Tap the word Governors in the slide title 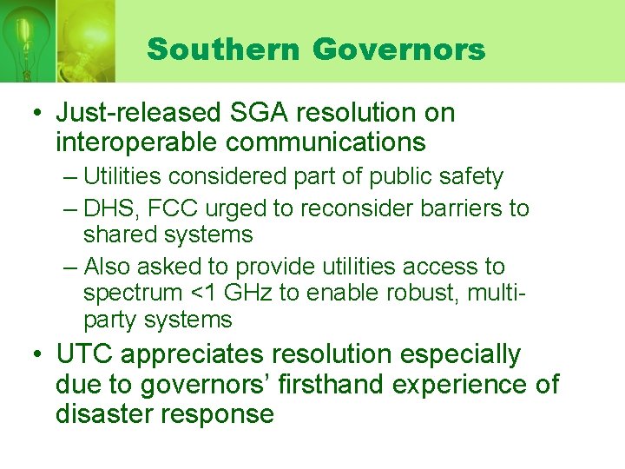point(398,50)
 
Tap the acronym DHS point(110,208)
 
